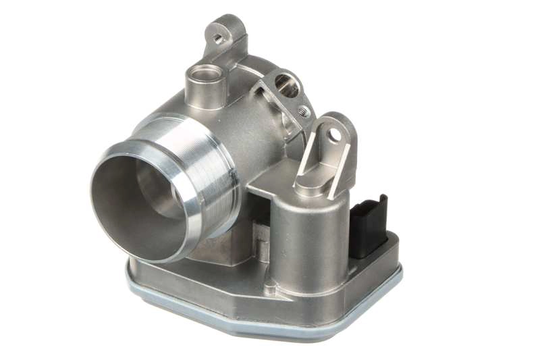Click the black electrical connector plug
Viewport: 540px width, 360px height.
pos(369,226)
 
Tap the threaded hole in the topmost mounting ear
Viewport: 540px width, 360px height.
pos(219,38)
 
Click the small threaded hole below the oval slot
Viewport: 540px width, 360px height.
pos(303,110)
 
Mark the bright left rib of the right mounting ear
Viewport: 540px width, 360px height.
pos(307,152)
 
